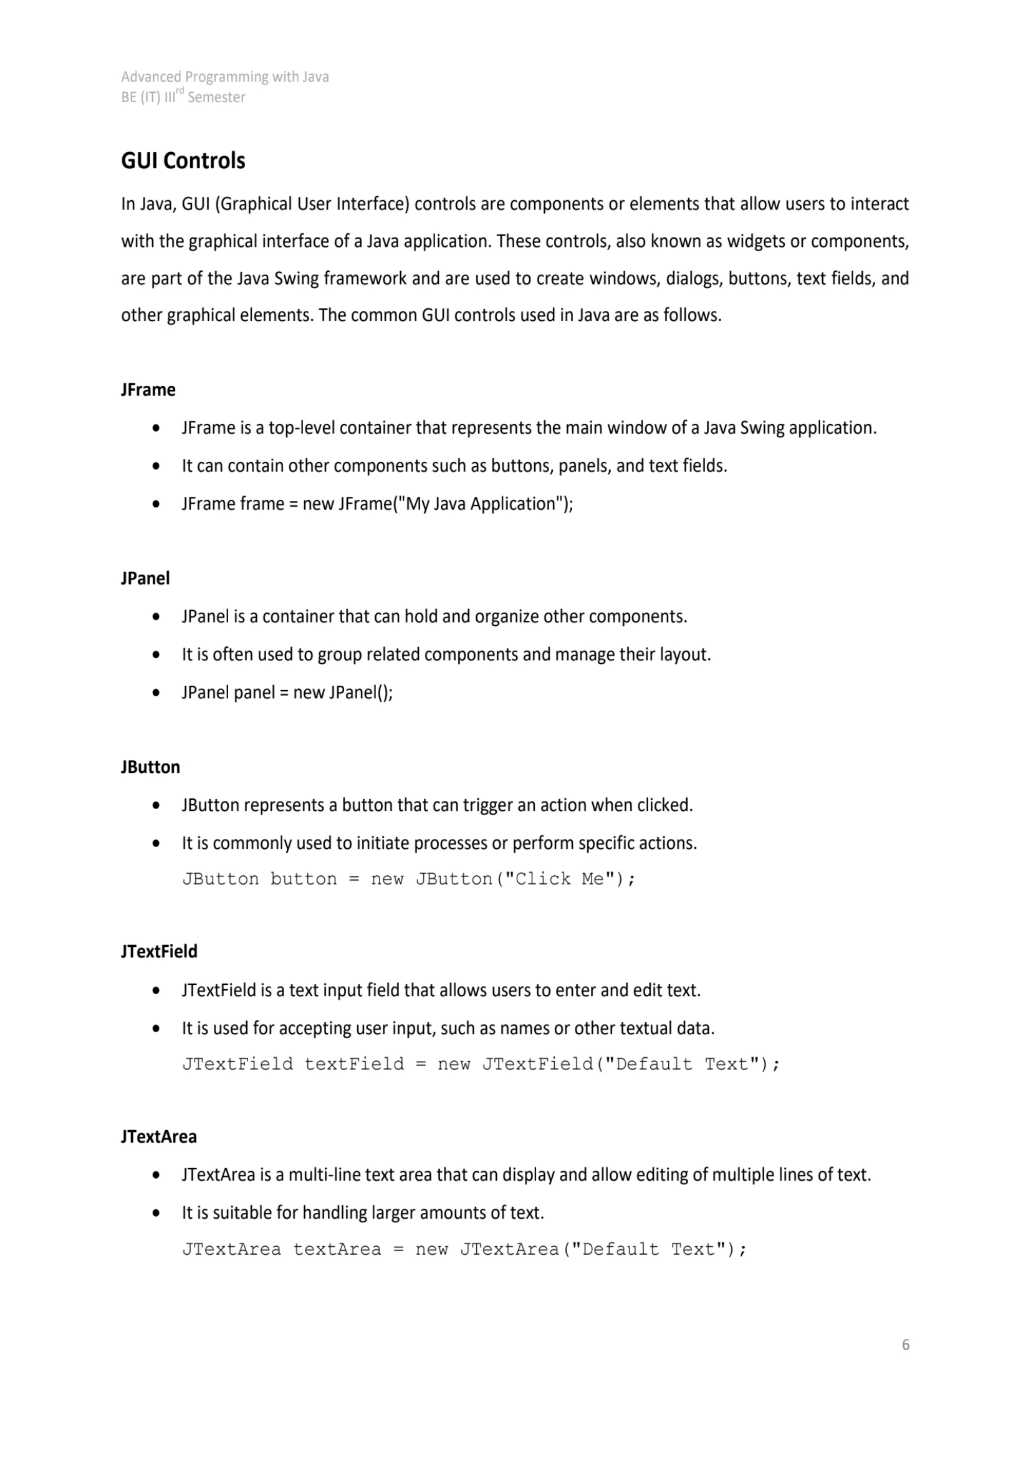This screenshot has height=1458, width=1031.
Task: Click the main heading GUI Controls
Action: point(183,161)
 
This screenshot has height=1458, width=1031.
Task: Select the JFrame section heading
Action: point(148,389)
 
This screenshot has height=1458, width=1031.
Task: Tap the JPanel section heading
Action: point(145,578)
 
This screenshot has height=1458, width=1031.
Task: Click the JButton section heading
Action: point(150,767)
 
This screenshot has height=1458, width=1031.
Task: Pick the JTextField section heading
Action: point(160,951)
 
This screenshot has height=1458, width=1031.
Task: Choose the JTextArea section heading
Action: point(159,1136)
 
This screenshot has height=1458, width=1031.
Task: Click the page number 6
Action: point(905,1345)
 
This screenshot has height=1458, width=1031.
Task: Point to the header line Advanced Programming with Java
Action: point(225,77)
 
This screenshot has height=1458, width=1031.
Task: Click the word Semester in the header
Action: point(216,98)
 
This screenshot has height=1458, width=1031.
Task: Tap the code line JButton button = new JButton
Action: point(409,879)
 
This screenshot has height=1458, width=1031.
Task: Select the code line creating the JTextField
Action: point(481,1063)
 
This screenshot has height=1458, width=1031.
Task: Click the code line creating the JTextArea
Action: point(465,1249)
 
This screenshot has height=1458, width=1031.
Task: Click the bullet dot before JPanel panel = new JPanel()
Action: point(156,693)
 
